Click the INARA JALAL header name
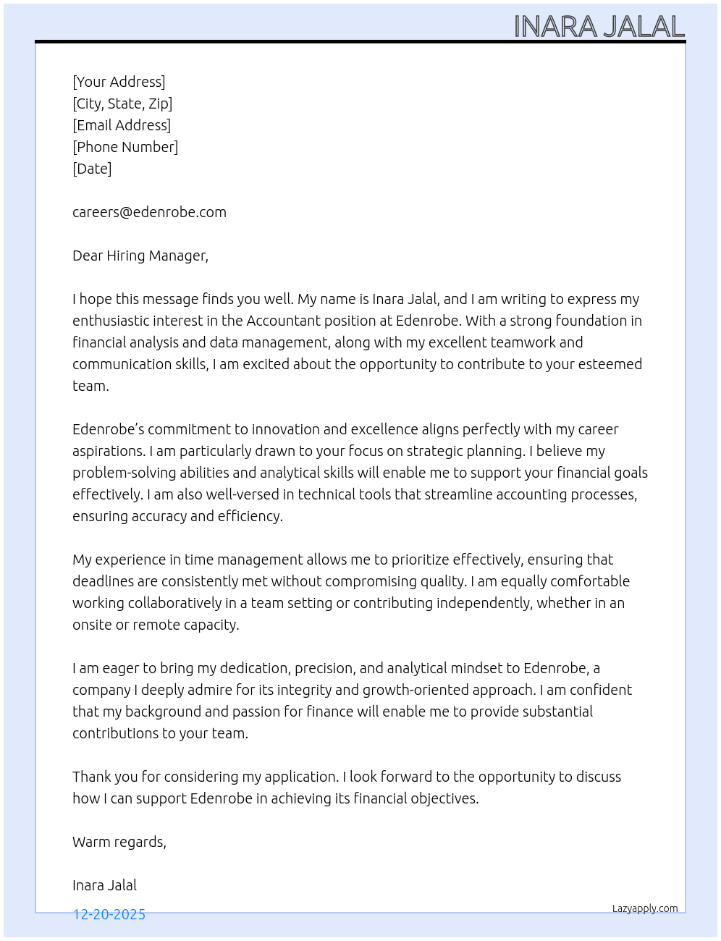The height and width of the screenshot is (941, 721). point(599,27)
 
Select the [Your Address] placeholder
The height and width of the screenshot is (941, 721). point(119,82)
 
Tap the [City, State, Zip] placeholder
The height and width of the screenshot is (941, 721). point(122,104)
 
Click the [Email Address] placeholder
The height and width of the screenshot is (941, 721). point(122,125)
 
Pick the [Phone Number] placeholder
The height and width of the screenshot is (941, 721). point(125,147)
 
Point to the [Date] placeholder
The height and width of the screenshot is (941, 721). point(92,169)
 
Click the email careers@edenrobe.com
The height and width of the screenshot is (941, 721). point(149,212)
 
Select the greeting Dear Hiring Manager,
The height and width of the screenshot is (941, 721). point(140,256)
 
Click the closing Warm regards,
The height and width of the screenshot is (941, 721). point(119,842)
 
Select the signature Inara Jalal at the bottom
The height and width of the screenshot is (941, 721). point(104,885)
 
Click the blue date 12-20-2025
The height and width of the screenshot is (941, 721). point(109,915)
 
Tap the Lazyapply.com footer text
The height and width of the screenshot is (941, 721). point(645,908)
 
